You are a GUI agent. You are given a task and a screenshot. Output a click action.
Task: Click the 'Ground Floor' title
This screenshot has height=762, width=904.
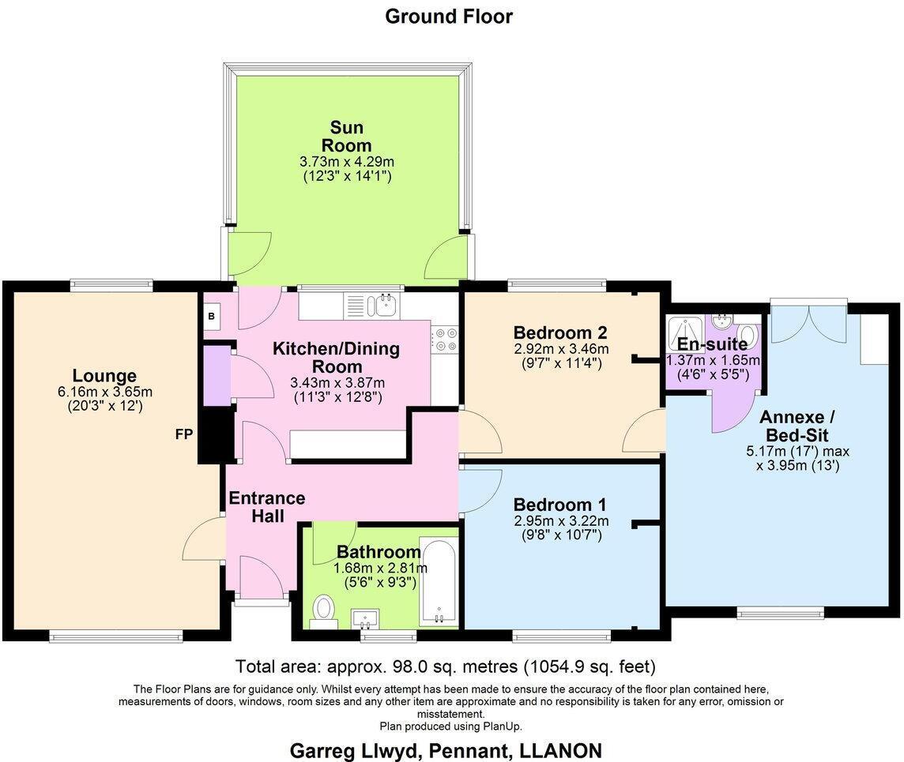[x=448, y=16]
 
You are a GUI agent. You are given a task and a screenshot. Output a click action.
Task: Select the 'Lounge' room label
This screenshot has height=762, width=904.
[x=104, y=376]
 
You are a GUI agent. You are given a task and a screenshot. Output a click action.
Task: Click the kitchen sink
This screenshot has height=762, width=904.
[x=386, y=304]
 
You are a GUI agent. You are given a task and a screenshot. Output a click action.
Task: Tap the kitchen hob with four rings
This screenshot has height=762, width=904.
[x=444, y=340]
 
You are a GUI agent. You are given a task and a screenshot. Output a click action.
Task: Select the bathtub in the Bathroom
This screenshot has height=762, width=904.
[x=439, y=580]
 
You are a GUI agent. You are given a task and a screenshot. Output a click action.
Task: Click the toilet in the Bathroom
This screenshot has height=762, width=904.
[x=323, y=610]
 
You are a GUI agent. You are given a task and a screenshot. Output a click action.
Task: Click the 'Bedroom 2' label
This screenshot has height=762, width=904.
[x=560, y=332]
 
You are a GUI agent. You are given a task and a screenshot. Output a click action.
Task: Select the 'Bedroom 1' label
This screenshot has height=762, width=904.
[x=560, y=505]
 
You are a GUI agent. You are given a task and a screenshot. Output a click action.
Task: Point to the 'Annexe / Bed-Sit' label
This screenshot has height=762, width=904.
[x=796, y=426]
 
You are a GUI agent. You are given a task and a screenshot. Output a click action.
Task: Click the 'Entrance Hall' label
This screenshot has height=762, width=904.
[x=266, y=507]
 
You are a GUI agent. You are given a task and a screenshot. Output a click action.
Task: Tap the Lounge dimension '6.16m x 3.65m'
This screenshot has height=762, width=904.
[x=104, y=392]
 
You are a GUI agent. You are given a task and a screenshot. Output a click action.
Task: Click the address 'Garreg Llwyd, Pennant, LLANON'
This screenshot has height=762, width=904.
[x=445, y=749]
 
